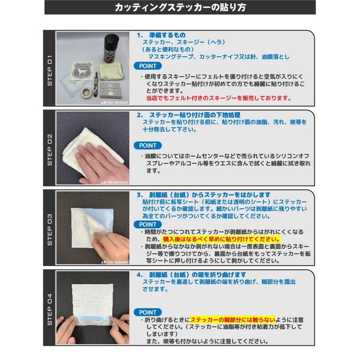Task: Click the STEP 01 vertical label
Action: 50,70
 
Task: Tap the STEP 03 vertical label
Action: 50,229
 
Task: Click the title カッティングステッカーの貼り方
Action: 180,7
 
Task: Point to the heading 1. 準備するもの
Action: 161,35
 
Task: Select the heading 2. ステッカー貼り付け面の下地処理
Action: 189,115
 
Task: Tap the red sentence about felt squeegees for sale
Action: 218,98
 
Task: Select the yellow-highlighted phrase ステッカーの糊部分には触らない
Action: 232,319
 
